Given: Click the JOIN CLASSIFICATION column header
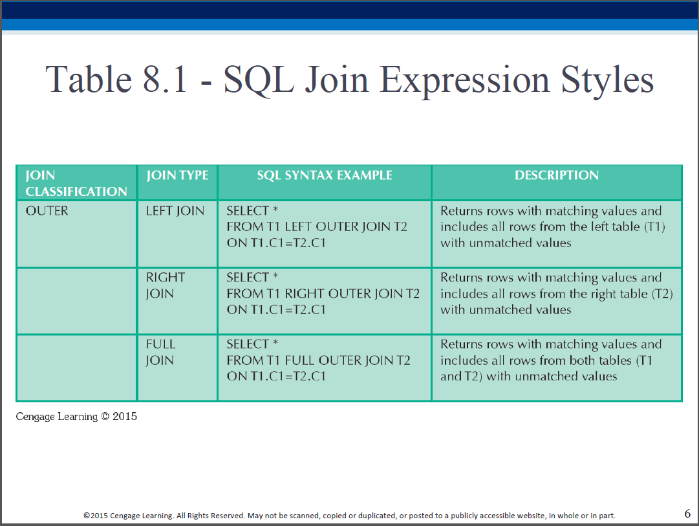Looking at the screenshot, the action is pos(76,183).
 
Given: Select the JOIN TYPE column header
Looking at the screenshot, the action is pos(177,175).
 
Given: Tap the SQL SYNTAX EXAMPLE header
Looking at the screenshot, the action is pos(325,175).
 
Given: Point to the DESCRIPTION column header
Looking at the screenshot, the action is pos(557,175).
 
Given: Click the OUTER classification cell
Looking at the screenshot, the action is pos(47,210).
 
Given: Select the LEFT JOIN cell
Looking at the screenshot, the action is pos(175,210).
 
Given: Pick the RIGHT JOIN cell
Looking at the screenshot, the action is pos(166,285).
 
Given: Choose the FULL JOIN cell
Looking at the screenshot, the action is pos(160,352).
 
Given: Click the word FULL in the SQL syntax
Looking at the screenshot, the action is pos(300,360).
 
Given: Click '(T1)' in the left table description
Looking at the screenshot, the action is pos(655,226).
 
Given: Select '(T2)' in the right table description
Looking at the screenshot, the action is pos(662,294).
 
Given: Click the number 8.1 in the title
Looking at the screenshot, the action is pos(164,80).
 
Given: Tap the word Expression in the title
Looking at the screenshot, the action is pos(464,80).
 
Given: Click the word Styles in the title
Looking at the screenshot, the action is pos(607,80).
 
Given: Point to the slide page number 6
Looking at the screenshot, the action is pos(687,514).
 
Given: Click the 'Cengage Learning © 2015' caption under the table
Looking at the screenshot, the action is pos(76,416).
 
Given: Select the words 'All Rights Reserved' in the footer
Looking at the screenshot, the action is pos(210,516).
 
